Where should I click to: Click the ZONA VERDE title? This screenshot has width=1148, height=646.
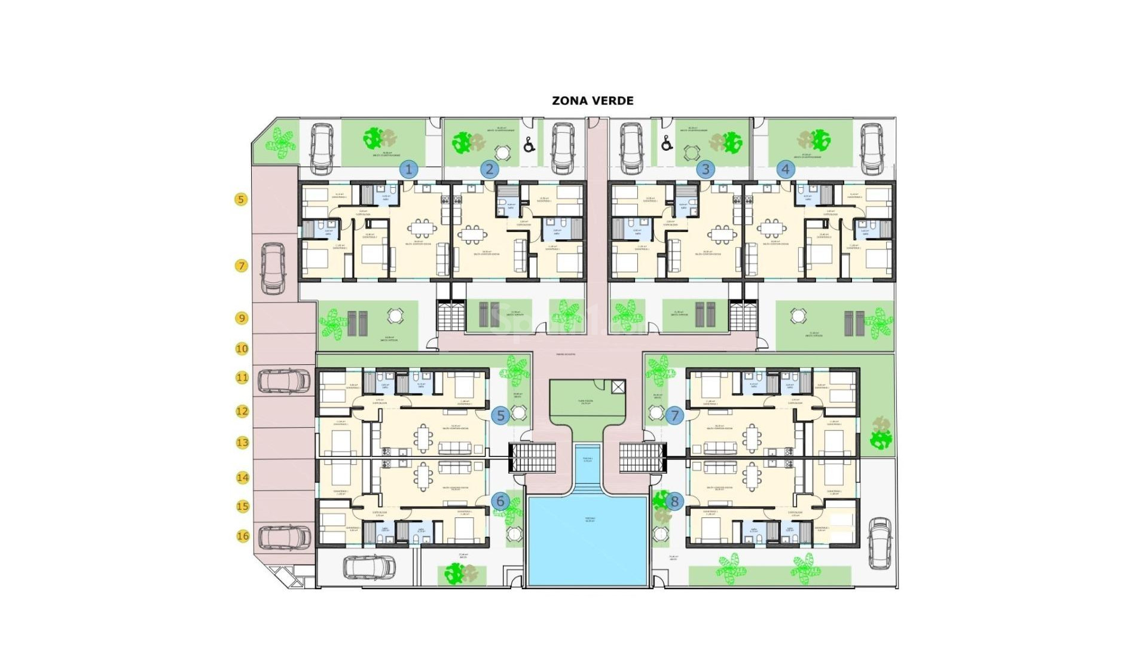[593, 100]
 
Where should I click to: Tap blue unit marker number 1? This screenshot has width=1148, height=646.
[409, 169]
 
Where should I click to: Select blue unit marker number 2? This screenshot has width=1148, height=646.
[489, 169]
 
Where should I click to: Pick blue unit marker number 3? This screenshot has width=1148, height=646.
[706, 169]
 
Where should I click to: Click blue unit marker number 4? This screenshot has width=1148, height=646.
[786, 169]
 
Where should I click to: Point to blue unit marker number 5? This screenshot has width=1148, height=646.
[500, 415]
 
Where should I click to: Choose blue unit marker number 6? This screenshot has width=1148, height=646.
[500, 501]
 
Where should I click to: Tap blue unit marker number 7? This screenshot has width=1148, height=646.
[675, 415]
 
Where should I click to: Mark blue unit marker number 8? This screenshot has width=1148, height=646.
[675, 501]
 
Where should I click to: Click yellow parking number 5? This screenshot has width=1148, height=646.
[241, 199]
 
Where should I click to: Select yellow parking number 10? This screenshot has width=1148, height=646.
[242, 348]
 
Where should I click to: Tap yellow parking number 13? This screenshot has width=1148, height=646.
[242, 443]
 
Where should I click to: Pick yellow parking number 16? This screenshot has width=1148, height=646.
[243, 536]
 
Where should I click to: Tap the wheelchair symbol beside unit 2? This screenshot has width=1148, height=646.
[529, 144]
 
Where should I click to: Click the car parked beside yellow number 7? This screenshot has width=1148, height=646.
[273, 268]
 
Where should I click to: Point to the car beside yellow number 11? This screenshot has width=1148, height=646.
[284, 381]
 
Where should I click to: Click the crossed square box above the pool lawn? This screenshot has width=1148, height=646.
[618, 387]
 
